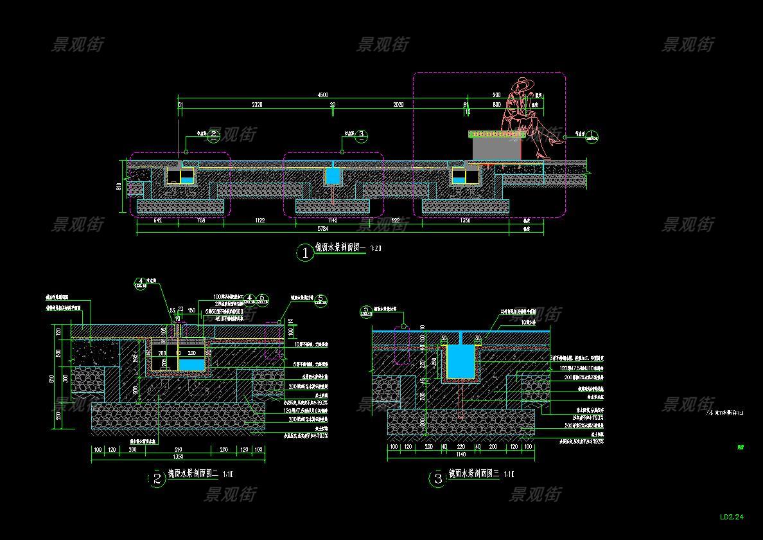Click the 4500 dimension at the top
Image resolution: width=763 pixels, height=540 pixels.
[x=323, y=96]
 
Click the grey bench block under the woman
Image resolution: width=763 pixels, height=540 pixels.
[x=496, y=148]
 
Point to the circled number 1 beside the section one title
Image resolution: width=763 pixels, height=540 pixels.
[x=305, y=253]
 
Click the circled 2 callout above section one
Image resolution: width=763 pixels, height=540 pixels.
[x=214, y=136]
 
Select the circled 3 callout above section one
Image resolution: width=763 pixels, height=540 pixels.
[x=361, y=136]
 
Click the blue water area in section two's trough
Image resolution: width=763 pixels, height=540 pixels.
[x=191, y=364]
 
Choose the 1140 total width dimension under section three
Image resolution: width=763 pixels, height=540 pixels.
[x=460, y=455]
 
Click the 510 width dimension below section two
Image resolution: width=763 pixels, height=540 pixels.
[x=178, y=449]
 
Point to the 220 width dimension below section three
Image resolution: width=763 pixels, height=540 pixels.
[x=460, y=446]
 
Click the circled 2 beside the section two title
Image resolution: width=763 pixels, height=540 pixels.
[x=157, y=479]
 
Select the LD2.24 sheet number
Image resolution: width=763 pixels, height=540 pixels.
[x=732, y=517]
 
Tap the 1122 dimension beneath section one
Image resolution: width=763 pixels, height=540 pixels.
[x=259, y=221]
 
